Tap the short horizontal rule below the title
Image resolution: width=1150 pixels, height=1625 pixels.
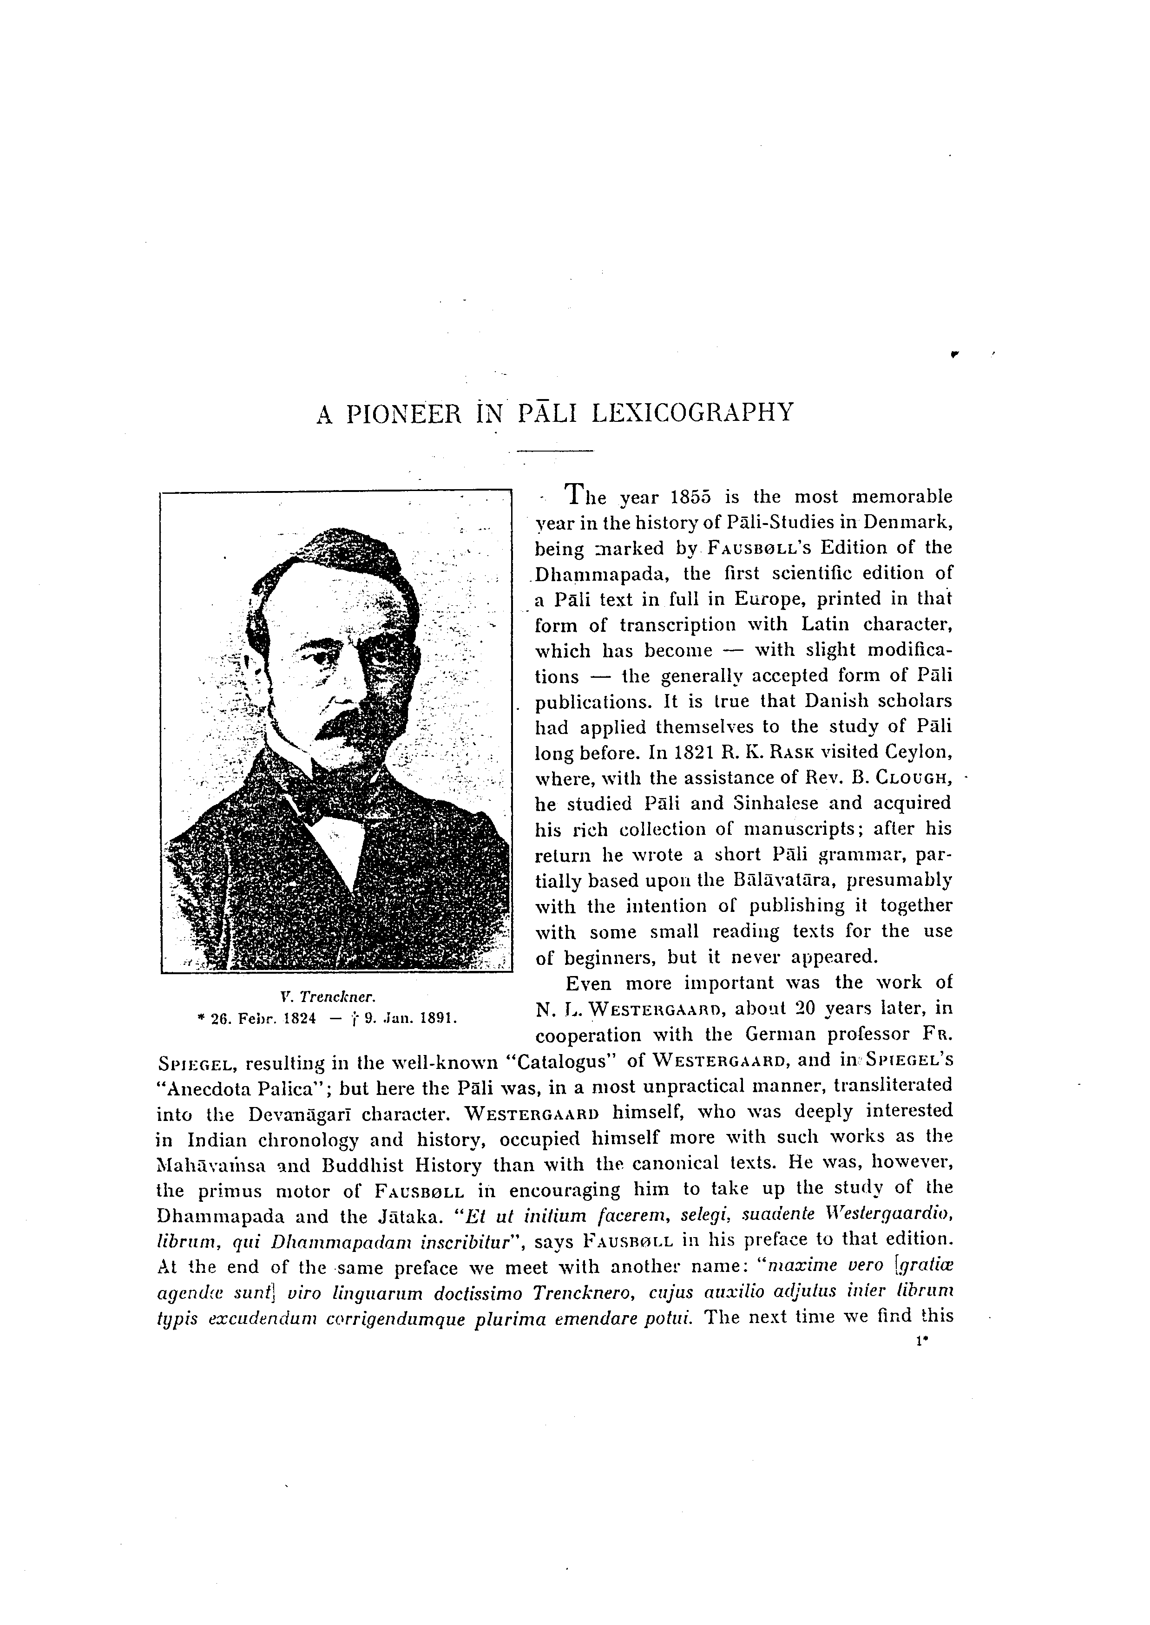point(554,451)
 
